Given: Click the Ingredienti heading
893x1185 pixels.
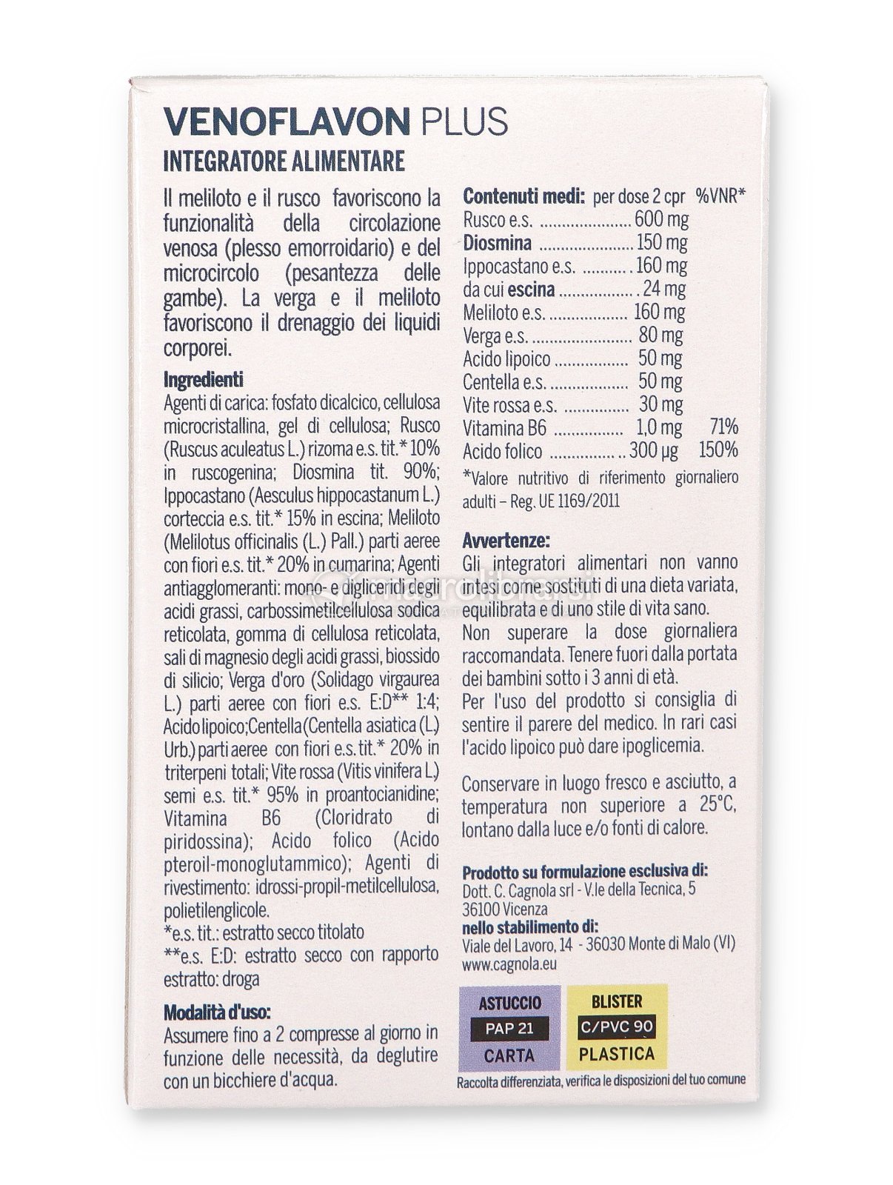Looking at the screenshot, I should (x=203, y=379).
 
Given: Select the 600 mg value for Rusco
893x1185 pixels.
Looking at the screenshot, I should (x=661, y=219).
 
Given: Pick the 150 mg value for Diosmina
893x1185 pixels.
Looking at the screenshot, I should (x=661, y=242).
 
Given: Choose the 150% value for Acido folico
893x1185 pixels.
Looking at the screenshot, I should (x=718, y=450).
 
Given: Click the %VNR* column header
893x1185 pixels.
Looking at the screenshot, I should (x=720, y=196).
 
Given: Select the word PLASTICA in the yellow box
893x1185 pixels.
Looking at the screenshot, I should (x=617, y=1052).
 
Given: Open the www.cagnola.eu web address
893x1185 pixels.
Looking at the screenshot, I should (x=509, y=964).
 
